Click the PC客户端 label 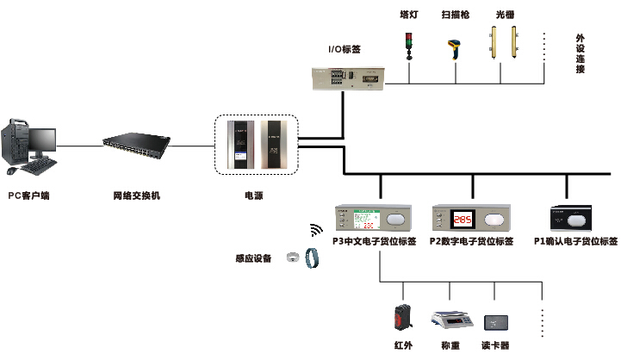28,196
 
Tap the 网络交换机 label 137,196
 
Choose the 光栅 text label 506,15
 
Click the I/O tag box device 350,78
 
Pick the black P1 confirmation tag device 575,217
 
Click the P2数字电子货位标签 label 471,242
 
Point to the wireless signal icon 316,231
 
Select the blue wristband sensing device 315,258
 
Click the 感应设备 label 253,258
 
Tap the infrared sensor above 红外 403,318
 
